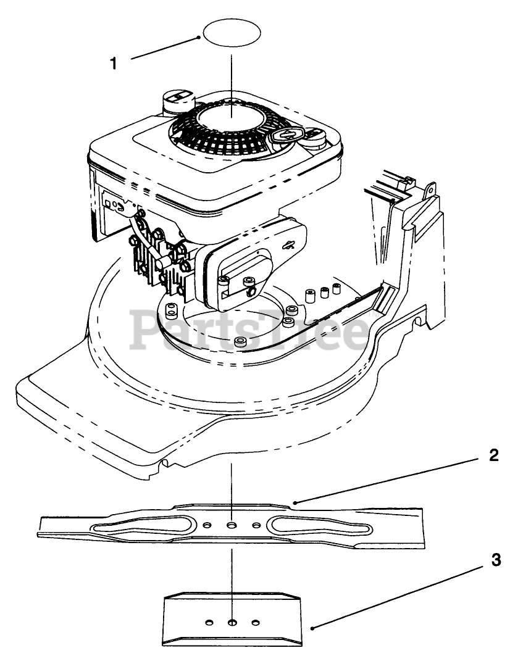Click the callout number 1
click(113, 64)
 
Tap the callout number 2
click(493, 456)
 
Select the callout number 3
click(495, 561)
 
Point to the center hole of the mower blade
click(232, 525)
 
